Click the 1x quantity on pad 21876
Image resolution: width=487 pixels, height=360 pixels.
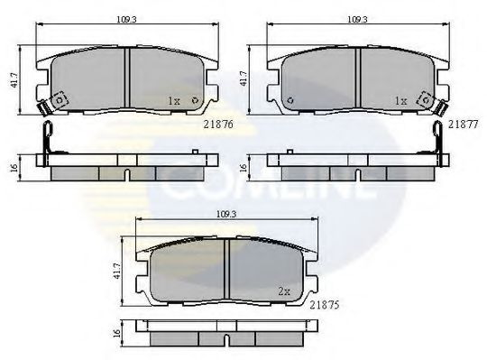(174, 102)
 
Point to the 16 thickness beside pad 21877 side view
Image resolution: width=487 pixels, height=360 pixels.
(244, 167)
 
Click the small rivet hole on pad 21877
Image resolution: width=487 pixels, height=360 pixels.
(289, 100)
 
